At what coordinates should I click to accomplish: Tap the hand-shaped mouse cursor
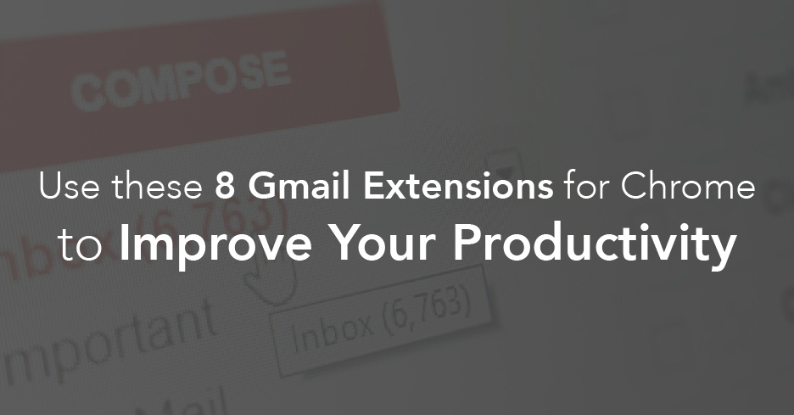(277, 284)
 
